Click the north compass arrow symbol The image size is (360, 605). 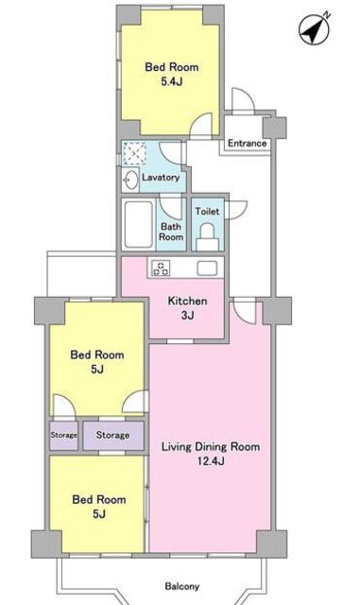pos(315,29)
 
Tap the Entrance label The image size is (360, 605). pos(247,143)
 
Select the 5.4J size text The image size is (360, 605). pos(172,81)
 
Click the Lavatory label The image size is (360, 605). pos(161,178)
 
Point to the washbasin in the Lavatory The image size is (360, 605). pos(130,180)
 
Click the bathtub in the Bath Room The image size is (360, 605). pos(139,224)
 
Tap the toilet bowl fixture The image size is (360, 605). pos(208,237)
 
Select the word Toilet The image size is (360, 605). pos(207,211)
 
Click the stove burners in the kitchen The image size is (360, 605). pos(161,268)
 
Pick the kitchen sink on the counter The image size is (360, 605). pos(208,268)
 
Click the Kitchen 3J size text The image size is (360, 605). pos(187,316)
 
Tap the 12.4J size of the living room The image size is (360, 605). pos(211,460)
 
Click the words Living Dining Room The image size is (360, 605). pos(211,447)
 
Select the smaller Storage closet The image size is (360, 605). pos(63,435)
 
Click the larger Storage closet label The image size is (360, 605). pos(112,435)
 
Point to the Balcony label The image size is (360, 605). pos(182,586)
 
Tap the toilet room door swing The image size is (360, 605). pos(236,210)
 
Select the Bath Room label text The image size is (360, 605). pos(171,232)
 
